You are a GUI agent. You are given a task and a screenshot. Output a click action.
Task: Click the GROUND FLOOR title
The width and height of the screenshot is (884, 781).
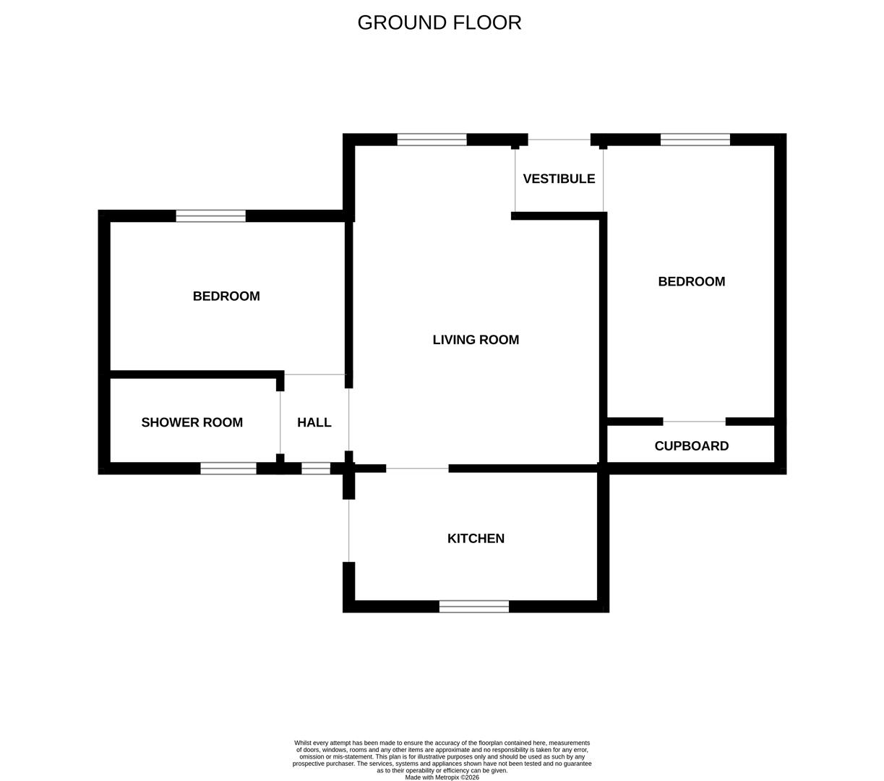click(x=439, y=22)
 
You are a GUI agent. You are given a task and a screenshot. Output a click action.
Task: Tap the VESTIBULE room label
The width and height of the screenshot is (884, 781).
click(x=559, y=179)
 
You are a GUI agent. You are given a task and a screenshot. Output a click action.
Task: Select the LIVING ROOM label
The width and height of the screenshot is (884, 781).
click(x=476, y=340)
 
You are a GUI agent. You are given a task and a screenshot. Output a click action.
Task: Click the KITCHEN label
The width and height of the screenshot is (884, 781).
click(x=476, y=539)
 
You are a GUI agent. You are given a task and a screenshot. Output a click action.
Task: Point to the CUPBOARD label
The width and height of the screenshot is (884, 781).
click(x=691, y=446)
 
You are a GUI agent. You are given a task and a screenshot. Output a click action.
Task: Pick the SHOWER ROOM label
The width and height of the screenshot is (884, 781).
click(x=192, y=422)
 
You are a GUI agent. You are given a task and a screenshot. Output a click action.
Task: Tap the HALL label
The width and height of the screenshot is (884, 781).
click(x=314, y=422)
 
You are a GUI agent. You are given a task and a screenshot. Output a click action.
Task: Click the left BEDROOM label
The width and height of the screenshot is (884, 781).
click(x=226, y=296)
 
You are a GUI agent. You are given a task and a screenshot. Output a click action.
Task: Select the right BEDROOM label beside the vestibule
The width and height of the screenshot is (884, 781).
click(x=691, y=282)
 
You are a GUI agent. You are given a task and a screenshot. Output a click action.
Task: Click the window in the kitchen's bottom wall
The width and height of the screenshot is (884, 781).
click(x=473, y=607)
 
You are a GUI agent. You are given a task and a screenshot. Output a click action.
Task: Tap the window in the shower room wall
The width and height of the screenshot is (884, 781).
click(x=228, y=469)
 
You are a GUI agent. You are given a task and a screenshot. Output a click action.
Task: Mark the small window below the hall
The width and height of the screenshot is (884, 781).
click(x=316, y=469)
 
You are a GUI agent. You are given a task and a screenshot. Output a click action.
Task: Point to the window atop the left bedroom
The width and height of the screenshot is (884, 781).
click(x=210, y=215)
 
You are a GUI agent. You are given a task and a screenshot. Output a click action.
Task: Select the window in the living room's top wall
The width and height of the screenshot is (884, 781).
click(x=432, y=140)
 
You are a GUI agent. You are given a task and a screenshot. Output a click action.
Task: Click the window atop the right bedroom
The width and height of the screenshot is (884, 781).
click(x=695, y=140)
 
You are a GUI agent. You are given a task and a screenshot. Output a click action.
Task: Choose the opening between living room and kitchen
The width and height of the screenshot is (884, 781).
click(x=417, y=469)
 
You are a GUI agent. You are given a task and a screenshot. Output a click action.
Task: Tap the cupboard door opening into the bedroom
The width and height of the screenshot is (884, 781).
click(x=694, y=422)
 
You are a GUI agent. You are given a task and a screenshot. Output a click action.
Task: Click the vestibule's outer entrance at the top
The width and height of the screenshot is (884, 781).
click(x=559, y=140)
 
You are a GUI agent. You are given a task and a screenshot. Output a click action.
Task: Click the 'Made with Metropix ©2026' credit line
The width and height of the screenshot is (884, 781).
click(x=442, y=777)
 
